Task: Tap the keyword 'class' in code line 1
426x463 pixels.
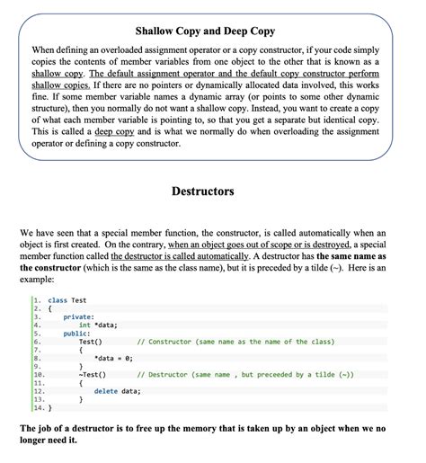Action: [58, 300]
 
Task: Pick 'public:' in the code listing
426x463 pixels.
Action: [76, 334]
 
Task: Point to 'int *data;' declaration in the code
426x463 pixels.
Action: [100, 325]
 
